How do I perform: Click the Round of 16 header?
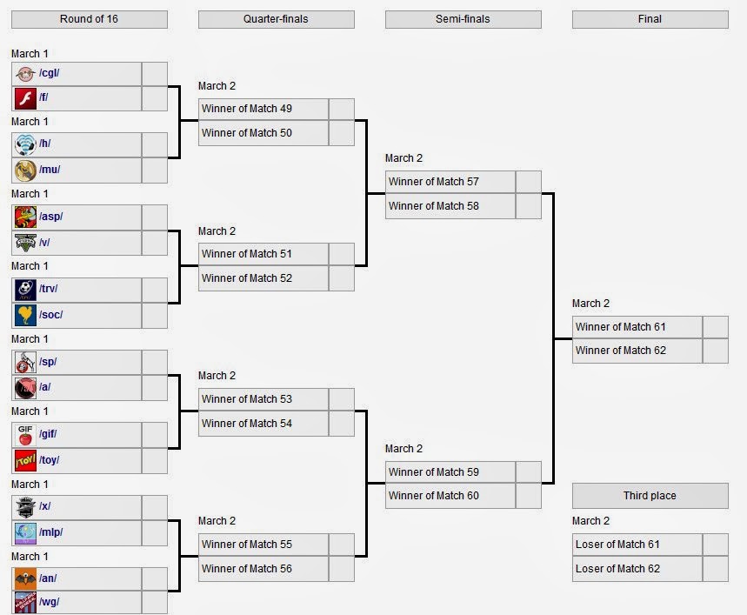(x=89, y=19)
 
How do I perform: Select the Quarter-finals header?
(x=276, y=19)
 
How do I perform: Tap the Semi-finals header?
(x=463, y=19)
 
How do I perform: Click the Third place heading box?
(x=650, y=496)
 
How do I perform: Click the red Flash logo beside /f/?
(x=25, y=98)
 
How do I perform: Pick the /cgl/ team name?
(x=49, y=73)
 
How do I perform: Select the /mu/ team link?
(x=50, y=170)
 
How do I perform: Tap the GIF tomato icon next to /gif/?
(x=25, y=435)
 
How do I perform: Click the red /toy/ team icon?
(x=25, y=461)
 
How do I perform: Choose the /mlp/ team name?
(x=51, y=532)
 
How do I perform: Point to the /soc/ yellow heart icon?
(x=25, y=315)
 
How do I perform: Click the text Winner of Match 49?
(x=247, y=109)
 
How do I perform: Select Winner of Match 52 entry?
(x=247, y=278)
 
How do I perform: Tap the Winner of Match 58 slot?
(x=434, y=206)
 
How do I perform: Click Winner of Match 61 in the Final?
(x=620, y=327)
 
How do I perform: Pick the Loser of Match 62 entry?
(x=617, y=569)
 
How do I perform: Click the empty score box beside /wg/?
(x=154, y=603)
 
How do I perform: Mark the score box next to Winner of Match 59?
(x=529, y=472)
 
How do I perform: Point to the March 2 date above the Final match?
(x=590, y=304)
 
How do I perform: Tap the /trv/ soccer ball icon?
(x=25, y=289)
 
